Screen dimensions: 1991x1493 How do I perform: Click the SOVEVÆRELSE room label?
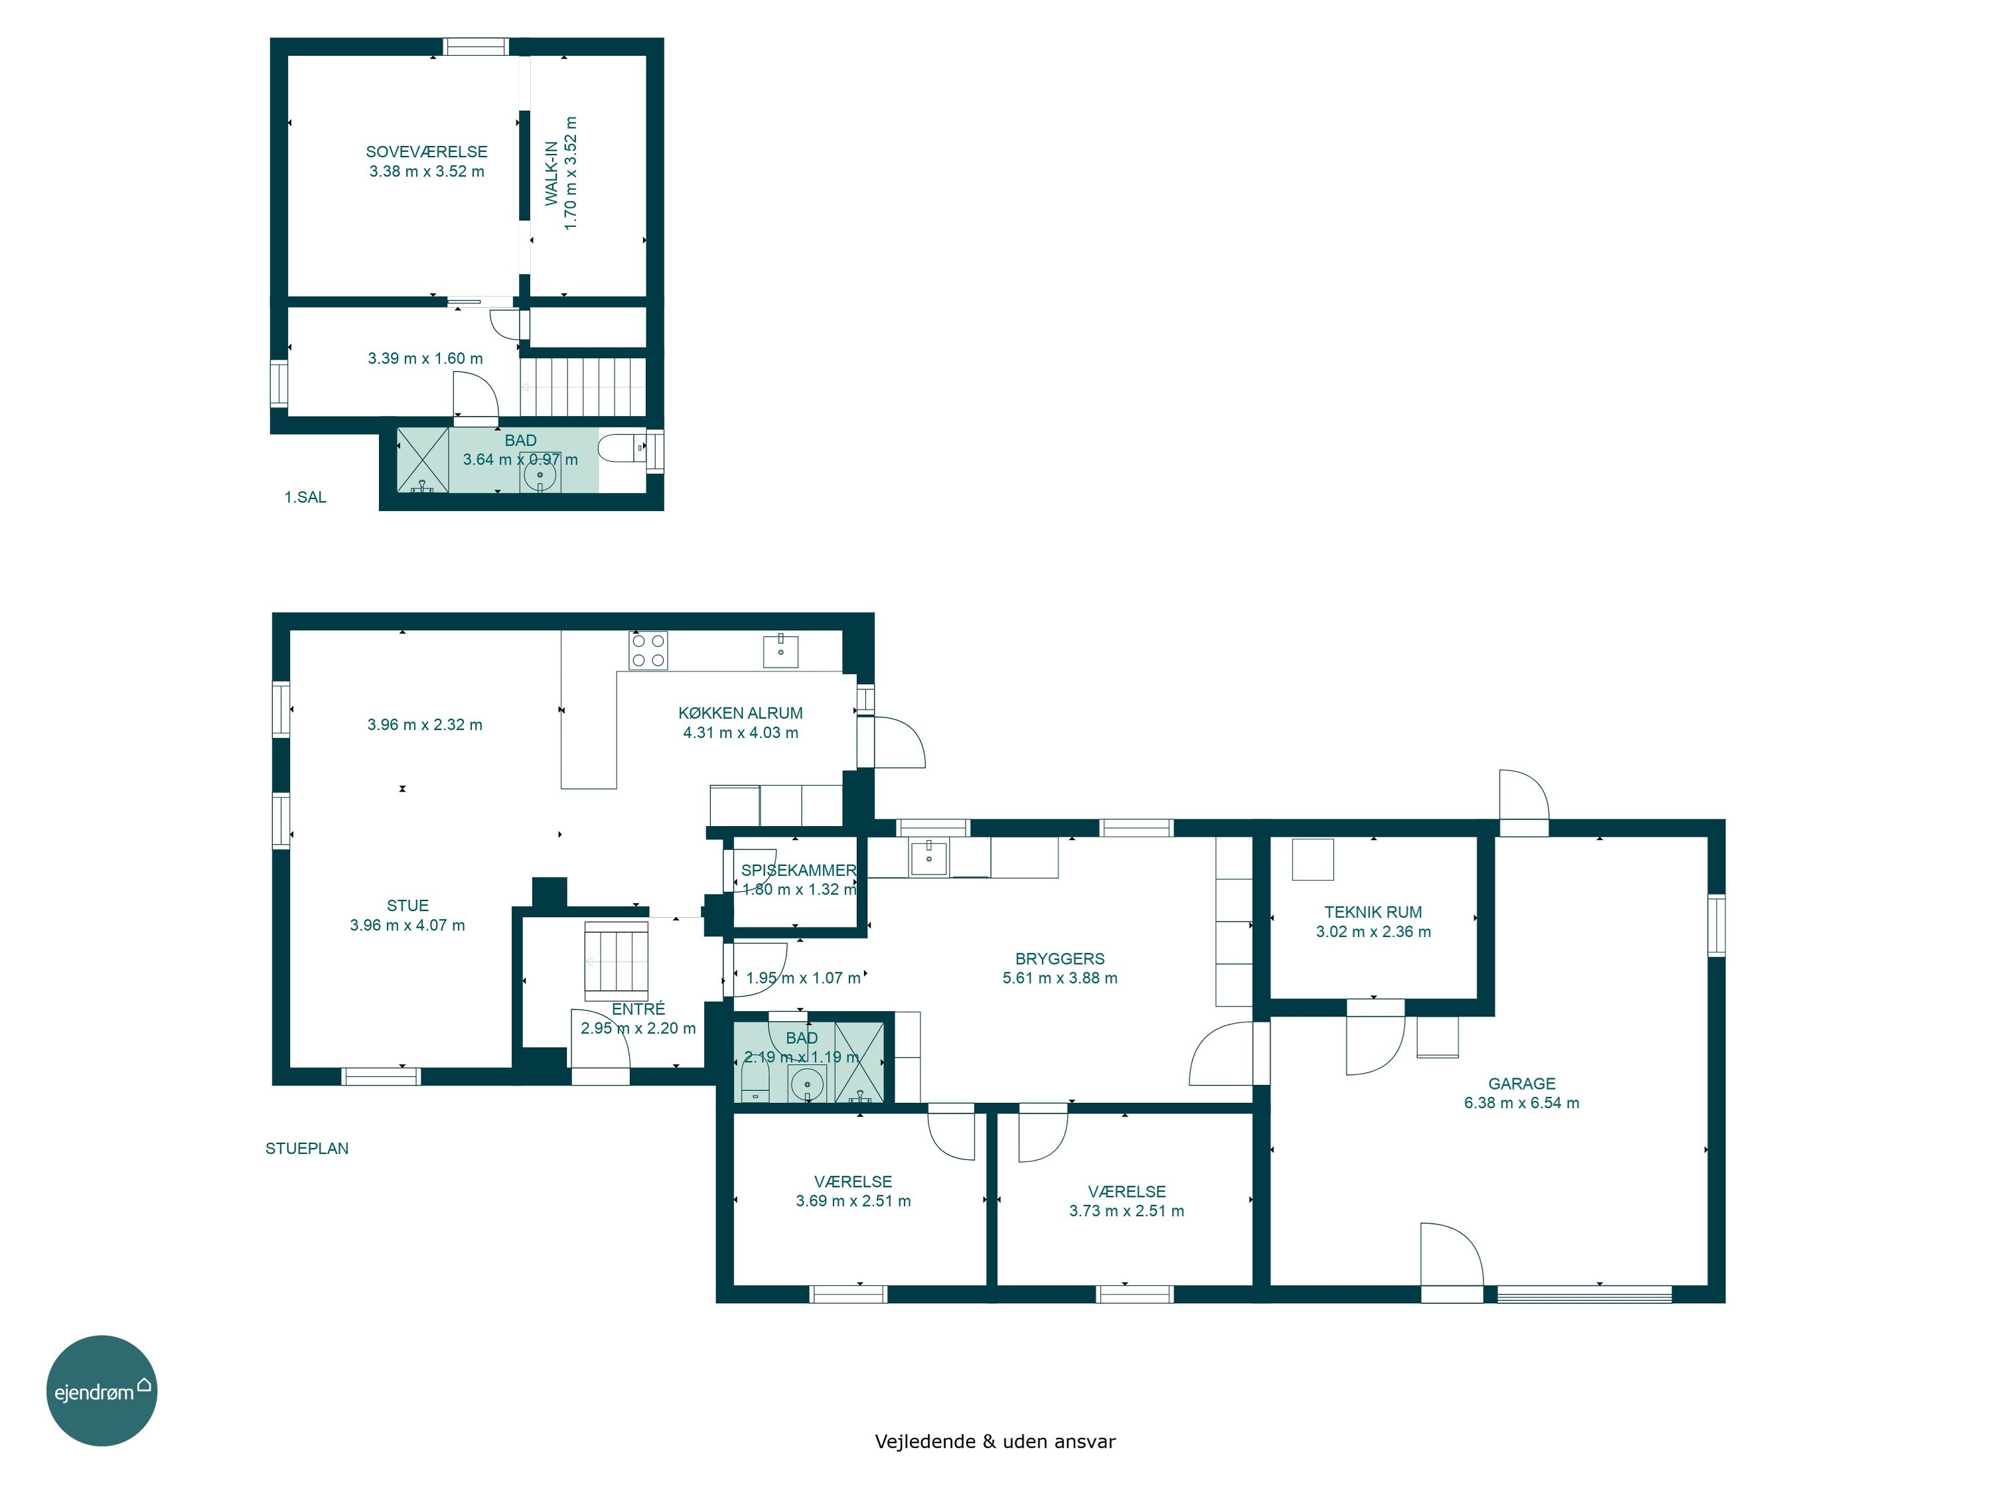427,152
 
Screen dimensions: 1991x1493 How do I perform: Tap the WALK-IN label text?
552,173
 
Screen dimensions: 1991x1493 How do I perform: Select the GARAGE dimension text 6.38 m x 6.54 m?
1521,1102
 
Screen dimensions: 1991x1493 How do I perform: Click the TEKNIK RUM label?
1372,912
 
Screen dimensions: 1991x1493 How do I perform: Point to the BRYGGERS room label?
1059,958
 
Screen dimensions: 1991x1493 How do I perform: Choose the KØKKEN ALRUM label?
740,713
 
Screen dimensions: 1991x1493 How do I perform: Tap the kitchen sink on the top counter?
780,650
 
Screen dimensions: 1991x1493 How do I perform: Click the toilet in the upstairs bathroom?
622,448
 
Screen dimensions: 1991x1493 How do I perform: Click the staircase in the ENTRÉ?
616,961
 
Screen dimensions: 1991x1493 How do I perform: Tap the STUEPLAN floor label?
307,1149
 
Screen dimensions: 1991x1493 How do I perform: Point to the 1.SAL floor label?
305,497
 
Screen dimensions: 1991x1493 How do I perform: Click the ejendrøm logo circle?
102,1390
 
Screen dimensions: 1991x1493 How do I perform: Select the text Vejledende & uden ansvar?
995,1441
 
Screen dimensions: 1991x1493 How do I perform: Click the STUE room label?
407,905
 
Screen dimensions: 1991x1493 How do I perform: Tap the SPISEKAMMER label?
798,870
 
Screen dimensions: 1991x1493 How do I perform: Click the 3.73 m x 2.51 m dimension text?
1126,1210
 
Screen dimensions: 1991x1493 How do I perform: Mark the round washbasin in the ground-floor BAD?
808,1084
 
